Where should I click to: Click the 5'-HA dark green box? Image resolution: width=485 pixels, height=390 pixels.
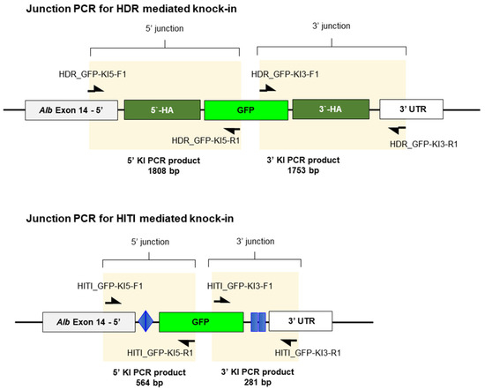(x=161, y=110)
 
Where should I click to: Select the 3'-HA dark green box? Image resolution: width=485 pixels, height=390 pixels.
(x=328, y=110)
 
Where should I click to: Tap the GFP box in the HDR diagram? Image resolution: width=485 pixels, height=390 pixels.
(x=245, y=110)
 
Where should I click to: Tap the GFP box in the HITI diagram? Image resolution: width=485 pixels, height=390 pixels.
(x=200, y=323)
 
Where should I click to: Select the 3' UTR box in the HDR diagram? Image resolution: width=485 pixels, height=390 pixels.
(x=410, y=110)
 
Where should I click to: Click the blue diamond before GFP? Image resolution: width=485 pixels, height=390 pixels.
(x=145, y=323)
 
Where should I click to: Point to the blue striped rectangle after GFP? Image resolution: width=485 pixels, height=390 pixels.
(x=257, y=323)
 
